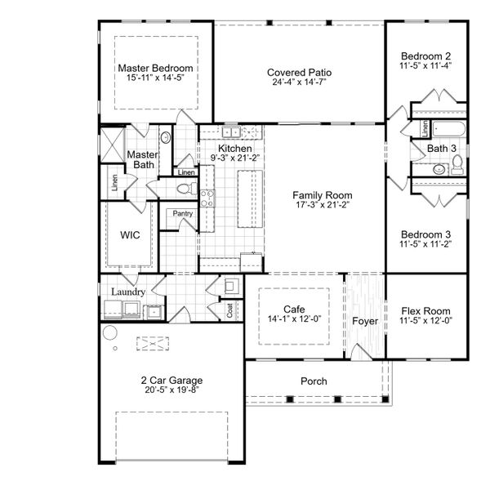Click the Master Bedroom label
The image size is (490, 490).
(155, 68)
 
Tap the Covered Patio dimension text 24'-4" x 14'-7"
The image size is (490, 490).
(299, 82)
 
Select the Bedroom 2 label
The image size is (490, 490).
(425, 55)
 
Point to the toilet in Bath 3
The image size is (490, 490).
(457, 166)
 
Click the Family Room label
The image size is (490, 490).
(323, 195)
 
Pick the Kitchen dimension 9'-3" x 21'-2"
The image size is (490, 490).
(234, 158)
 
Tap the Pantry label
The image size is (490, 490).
(181, 213)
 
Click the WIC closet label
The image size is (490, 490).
(130, 234)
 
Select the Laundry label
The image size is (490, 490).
(128, 292)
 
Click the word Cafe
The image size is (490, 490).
(294, 309)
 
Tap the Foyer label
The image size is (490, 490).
(365, 321)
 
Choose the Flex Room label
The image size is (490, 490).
(426, 311)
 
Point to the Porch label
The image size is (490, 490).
(314, 381)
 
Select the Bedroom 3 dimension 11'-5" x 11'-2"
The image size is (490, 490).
(425, 243)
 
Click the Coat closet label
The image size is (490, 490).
(229, 310)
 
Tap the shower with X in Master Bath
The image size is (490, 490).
(112, 140)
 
